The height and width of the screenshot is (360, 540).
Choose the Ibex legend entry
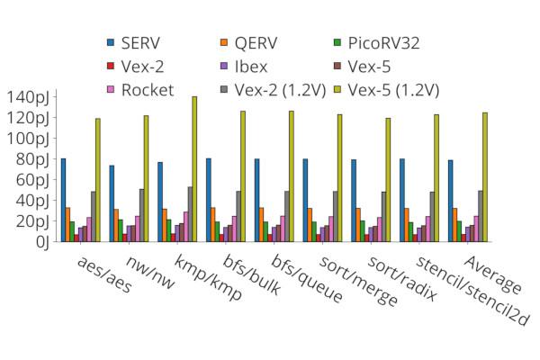pyautogui.click(x=250, y=66)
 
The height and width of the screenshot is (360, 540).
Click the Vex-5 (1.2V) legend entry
pyautogui.click(x=391, y=89)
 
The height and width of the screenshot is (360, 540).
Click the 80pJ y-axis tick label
pyautogui.click(x=34, y=159)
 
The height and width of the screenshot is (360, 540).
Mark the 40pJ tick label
pyautogui.click(x=34, y=201)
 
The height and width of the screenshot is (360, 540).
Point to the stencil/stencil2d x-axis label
pyautogui.click(x=459, y=290)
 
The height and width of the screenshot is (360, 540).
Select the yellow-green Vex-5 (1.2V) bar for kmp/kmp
pyautogui.click(x=194, y=169)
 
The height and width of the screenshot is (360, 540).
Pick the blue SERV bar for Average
pyautogui.click(x=451, y=201)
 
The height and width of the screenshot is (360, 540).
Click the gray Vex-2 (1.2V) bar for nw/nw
pyautogui.click(x=141, y=215)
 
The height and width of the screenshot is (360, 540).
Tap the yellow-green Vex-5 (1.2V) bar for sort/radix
pyautogui.click(x=388, y=180)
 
